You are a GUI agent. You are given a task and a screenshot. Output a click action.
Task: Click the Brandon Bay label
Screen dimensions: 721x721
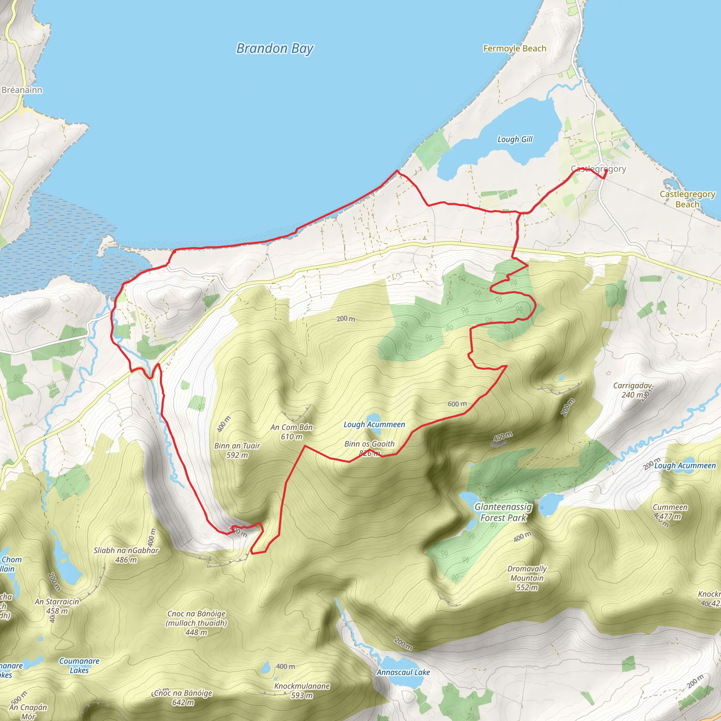pos(275,49)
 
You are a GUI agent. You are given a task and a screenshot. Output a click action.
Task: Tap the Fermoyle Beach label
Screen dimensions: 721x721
pos(515,49)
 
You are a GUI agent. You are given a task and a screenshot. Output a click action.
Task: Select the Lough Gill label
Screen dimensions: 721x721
pos(515,139)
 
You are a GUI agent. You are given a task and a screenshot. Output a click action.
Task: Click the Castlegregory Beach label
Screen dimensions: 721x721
pos(687,199)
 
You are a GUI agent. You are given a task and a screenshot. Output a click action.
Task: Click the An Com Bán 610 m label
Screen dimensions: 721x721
pos(291,432)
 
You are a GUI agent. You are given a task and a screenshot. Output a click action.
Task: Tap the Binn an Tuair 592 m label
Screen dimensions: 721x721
pos(237,450)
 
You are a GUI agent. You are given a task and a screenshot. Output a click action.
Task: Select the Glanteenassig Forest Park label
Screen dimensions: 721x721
pos(503,512)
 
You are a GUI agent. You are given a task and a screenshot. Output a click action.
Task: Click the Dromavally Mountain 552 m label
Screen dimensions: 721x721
pos(527,578)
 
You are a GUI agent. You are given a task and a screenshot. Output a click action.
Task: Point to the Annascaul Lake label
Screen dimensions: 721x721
pos(403,672)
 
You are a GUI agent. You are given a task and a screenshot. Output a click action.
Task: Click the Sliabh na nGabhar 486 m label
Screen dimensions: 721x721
pos(126,555)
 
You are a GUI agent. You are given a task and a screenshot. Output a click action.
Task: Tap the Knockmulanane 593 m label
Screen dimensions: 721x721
pos(302,690)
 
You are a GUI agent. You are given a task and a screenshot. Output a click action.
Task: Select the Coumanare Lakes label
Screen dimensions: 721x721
pos(79,665)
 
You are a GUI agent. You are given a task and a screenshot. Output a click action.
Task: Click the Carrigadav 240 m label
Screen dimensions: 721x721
pos(633,390)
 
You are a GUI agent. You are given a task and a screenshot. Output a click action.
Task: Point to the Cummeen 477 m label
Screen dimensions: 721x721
pos(670,512)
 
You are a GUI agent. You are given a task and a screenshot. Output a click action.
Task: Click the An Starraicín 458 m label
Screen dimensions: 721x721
pos(57,606)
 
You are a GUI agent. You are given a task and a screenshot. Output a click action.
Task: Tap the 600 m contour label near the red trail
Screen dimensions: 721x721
pos(457,404)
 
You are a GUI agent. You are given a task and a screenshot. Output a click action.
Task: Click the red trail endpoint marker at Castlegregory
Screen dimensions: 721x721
pos(605,171)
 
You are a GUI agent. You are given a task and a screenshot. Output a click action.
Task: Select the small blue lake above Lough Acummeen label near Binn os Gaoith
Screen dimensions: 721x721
pos(373,417)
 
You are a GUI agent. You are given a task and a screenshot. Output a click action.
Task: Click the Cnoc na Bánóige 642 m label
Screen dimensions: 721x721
pos(183,697)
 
